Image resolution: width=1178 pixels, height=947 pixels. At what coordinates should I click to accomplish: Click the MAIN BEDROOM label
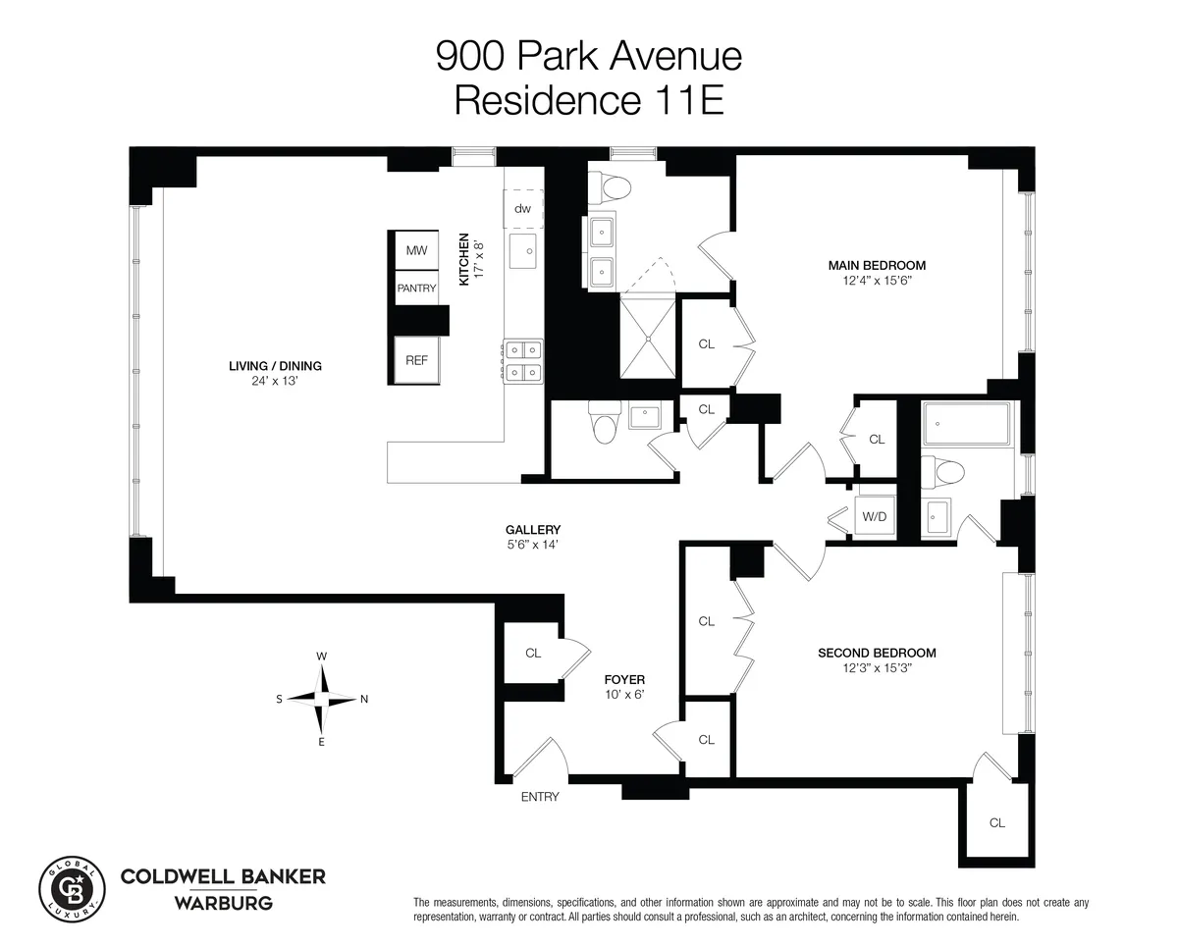[877, 265]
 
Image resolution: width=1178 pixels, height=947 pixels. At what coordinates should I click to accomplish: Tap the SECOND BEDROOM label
[877, 653]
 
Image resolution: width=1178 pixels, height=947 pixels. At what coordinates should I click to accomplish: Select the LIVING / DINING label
[275, 366]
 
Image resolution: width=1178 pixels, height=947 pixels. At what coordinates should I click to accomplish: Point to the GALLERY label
[533, 530]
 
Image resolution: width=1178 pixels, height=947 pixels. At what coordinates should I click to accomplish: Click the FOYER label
[624, 679]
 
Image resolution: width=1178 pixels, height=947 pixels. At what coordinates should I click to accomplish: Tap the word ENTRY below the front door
[540, 797]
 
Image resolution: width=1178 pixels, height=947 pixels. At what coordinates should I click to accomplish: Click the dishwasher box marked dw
[523, 208]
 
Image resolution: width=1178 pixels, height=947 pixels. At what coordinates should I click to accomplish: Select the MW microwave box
[416, 251]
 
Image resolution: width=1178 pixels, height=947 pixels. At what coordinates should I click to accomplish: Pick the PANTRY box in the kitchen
[416, 289]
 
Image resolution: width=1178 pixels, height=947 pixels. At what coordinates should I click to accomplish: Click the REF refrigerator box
[416, 360]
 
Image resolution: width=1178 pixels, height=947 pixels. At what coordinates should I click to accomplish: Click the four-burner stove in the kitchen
[523, 359]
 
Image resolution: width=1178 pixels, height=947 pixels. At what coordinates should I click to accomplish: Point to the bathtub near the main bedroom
[966, 425]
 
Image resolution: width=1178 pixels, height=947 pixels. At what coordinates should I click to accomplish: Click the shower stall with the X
[647, 337]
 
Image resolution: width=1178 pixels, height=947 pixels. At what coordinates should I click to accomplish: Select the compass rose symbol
[321, 699]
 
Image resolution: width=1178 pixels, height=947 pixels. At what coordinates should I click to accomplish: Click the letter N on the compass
[364, 700]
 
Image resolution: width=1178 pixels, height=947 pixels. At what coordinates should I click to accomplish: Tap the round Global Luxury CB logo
[71, 884]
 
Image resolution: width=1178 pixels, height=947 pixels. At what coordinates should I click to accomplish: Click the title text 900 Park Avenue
[589, 56]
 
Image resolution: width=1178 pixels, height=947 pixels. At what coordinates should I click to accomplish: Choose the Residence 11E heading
[589, 101]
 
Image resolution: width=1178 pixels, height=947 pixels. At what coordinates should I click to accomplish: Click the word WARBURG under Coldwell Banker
[222, 902]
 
